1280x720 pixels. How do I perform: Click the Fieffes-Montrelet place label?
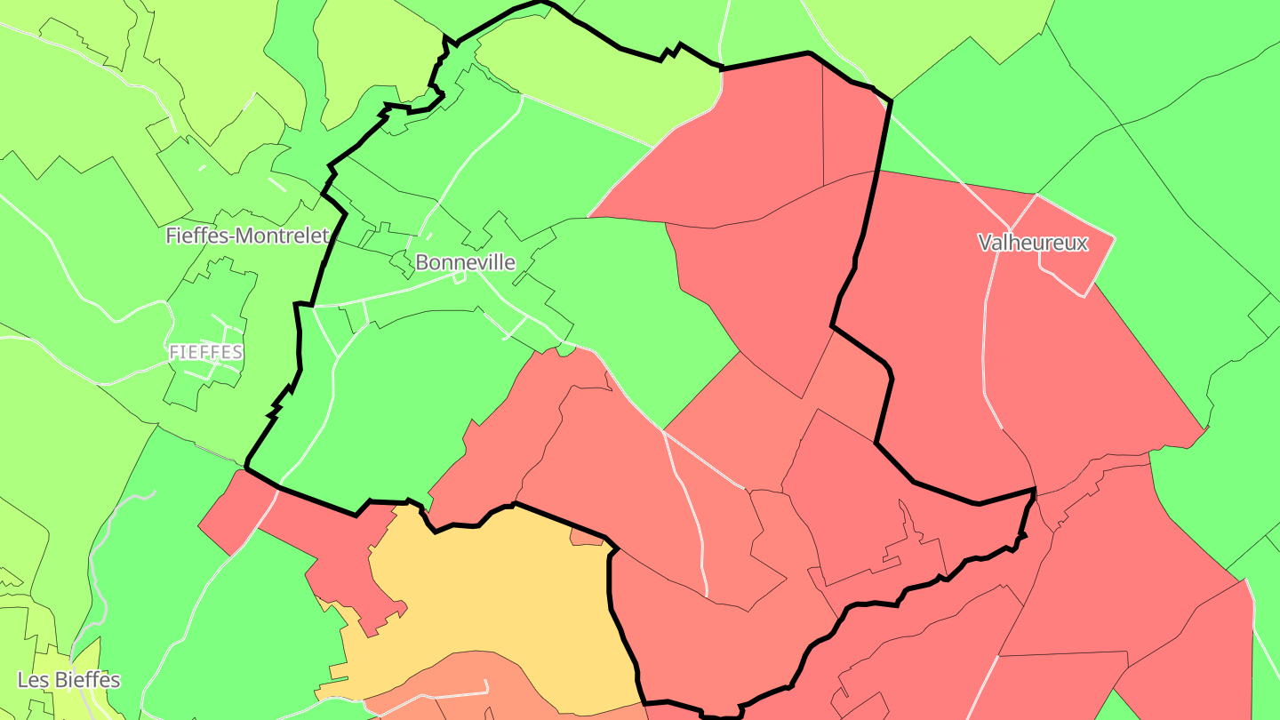(x=247, y=236)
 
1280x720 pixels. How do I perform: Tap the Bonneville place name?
(x=465, y=262)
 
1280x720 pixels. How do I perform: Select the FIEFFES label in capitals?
(x=205, y=352)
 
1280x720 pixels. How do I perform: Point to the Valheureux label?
(x=1032, y=243)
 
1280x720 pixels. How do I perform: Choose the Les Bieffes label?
(x=68, y=680)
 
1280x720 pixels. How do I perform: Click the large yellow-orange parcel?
(x=498, y=587)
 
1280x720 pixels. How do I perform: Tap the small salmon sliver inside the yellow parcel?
(x=586, y=537)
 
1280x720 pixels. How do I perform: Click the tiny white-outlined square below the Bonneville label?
(x=459, y=278)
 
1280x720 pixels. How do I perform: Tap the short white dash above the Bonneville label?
(x=428, y=237)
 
